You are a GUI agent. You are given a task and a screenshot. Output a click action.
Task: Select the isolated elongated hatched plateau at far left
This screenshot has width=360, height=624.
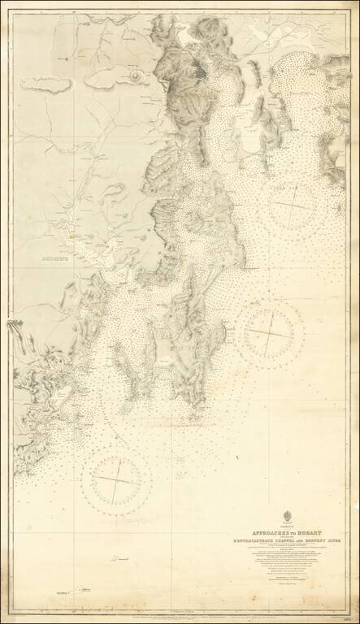click(51, 83)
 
